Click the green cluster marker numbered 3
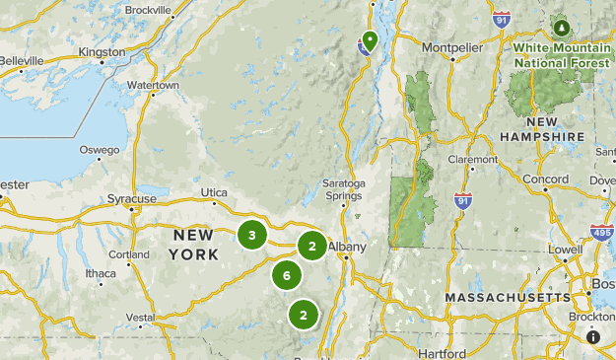[x=252, y=235]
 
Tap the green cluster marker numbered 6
[x=287, y=275]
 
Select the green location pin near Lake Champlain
[x=370, y=40]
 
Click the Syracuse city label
[x=132, y=199]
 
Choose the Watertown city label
[x=152, y=86]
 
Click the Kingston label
[x=102, y=51]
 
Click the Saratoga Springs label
[x=344, y=189]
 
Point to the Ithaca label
[x=101, y=273]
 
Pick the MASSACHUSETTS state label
[x=507, y=297]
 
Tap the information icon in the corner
[x=593, y=336]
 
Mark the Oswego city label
[x=100, y=150]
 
